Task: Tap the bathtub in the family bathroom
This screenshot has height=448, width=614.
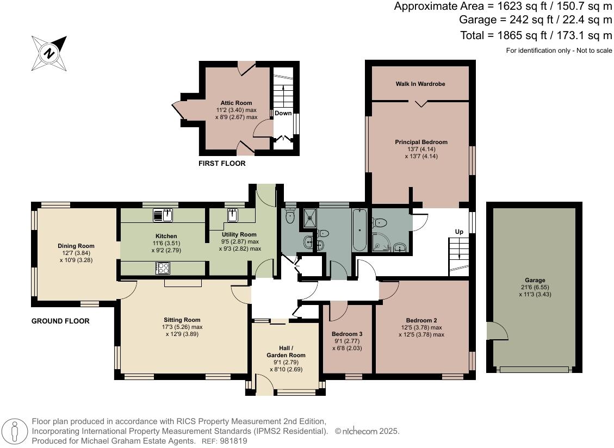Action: [359, 229]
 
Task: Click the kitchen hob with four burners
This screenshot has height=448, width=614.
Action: [163, 268]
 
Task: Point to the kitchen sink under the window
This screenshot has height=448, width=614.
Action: [163, 216]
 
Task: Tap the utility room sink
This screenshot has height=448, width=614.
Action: [233, 216]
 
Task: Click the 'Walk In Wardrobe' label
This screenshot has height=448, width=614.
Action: [420, 84]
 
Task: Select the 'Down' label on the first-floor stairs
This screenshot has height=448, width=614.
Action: [283, 114]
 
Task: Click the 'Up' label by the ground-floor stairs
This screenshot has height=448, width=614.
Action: [459, 232]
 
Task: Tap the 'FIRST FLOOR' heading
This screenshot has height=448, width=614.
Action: [222, 164]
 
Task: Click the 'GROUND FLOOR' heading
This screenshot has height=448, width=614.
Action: [60, 321]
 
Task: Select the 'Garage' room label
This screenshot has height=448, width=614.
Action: [535, 281]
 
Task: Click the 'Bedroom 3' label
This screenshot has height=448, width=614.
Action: [347, 334]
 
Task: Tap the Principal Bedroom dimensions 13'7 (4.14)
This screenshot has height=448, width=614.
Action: [421, 149]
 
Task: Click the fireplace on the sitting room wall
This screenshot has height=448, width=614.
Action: [183, 283]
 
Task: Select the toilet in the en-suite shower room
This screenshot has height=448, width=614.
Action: [379, 222]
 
